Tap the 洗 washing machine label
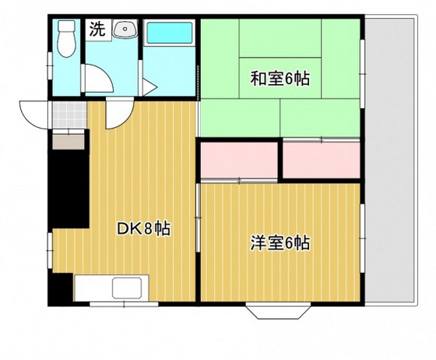pyautogui.click(x=97, y=31)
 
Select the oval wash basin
pyautogui.click(x=123, y=30)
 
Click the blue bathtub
pyautogui.click(x=169, y=34)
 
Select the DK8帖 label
pyautogui.click(x=144, y=229)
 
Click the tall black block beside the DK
pyautogui.click(x=69, y=188)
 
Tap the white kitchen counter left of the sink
pyautogui.click(x=93, y=288)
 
